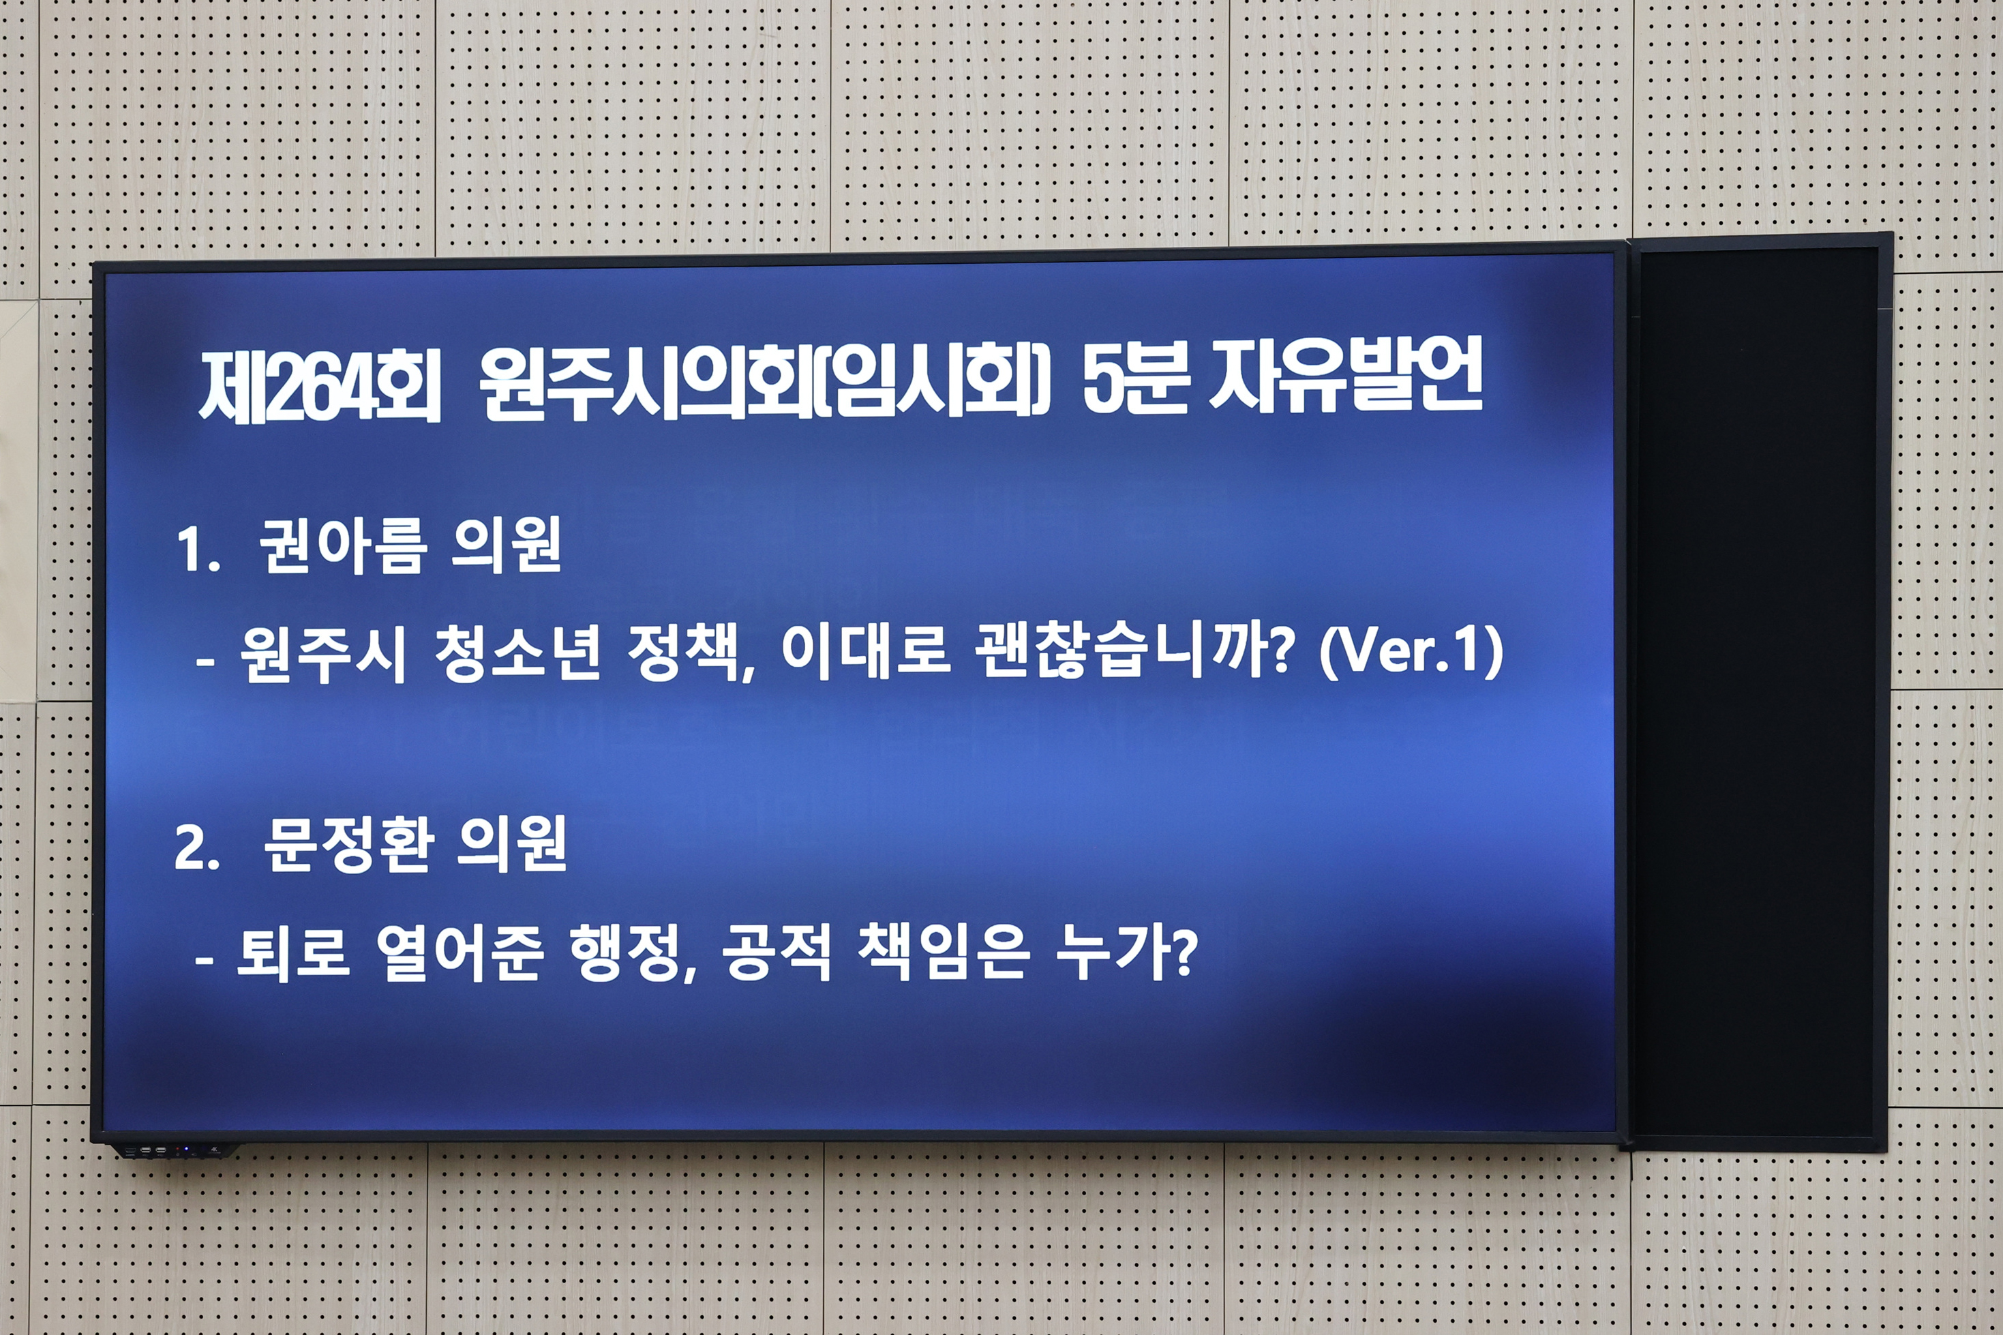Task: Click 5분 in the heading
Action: pyautogui.click(x=1136, y=378)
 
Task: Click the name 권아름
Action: pyautogui.click(x=342, y=547)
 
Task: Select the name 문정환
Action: pyautogui.click(x=346, y=845)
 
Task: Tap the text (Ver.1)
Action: pyautogui.click(x=1411, y=652)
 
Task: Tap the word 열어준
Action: pyautogui.click(x=459, y=954)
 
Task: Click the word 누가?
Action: pyautogui.click(x=1126, y=954)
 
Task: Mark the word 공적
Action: pyautogui.click(x=775, y=954)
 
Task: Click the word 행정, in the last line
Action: pyautogui.click(x=633, y=954)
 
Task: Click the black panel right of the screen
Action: pyautogui.click(x=1756, y=689)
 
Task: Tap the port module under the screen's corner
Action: pyautogui.click(x=175, y=1151)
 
